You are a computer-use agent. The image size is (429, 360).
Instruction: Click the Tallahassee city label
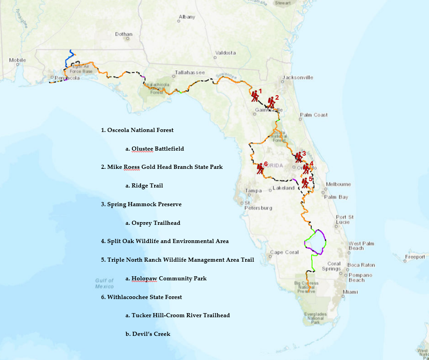[x=190, y=72]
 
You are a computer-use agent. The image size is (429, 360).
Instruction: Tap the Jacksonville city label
[x=298, y=77]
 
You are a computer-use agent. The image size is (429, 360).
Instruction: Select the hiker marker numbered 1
[x=255, y=96]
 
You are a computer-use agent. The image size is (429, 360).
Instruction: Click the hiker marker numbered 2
[x=271, y=102]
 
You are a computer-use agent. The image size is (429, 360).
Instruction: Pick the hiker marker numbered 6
[x=260, y=168]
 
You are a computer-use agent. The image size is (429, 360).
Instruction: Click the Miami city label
[x=350, y=292]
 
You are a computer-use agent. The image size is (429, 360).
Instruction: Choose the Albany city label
[x=187, y=17]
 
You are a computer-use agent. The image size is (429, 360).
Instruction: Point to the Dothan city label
[x=123, y=34]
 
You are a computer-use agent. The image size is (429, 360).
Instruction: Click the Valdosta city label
[x=226, y=53]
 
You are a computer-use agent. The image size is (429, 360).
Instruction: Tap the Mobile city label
[x=17, y=60]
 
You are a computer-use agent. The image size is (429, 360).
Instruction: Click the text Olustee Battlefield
[x=157, y=148]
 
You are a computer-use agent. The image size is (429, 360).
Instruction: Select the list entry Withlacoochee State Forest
[x=144, y=297]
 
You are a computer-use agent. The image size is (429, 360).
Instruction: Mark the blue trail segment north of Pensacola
[x=69, y=60]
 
